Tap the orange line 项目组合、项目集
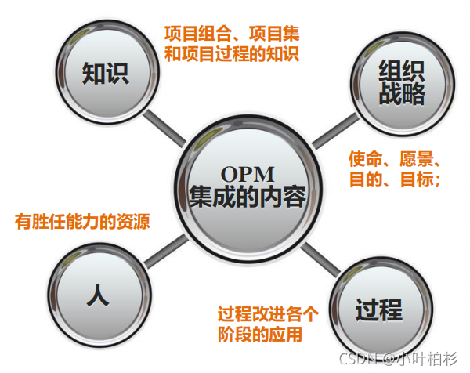tap(232, 34)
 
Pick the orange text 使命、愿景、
tap(398, 159)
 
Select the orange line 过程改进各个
tap(268, 315)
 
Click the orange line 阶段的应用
tap(259, 335)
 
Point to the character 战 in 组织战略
tap(390, 96)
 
